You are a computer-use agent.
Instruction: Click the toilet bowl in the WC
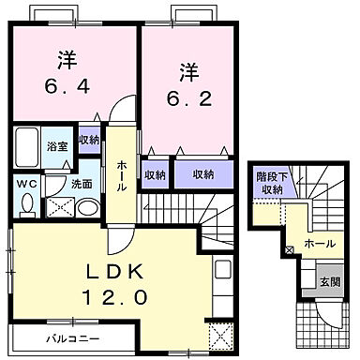[27, 203]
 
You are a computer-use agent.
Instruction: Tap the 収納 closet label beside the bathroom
[89, 141]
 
